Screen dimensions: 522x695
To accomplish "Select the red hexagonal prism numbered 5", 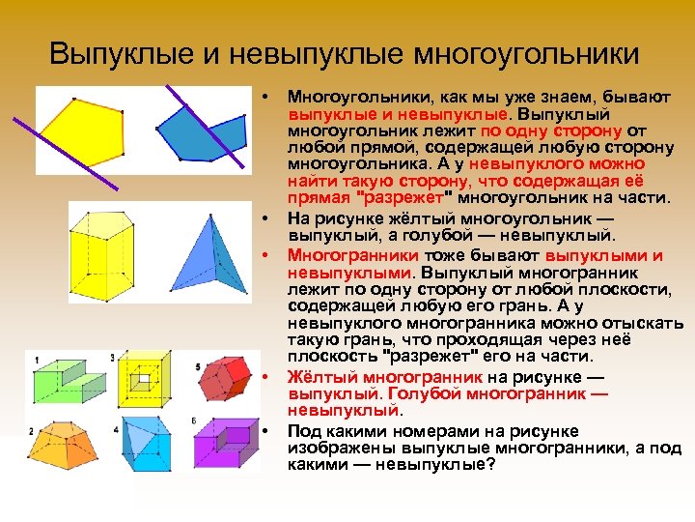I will click(223, 378).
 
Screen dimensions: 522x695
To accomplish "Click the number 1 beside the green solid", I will click(37, 361).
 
